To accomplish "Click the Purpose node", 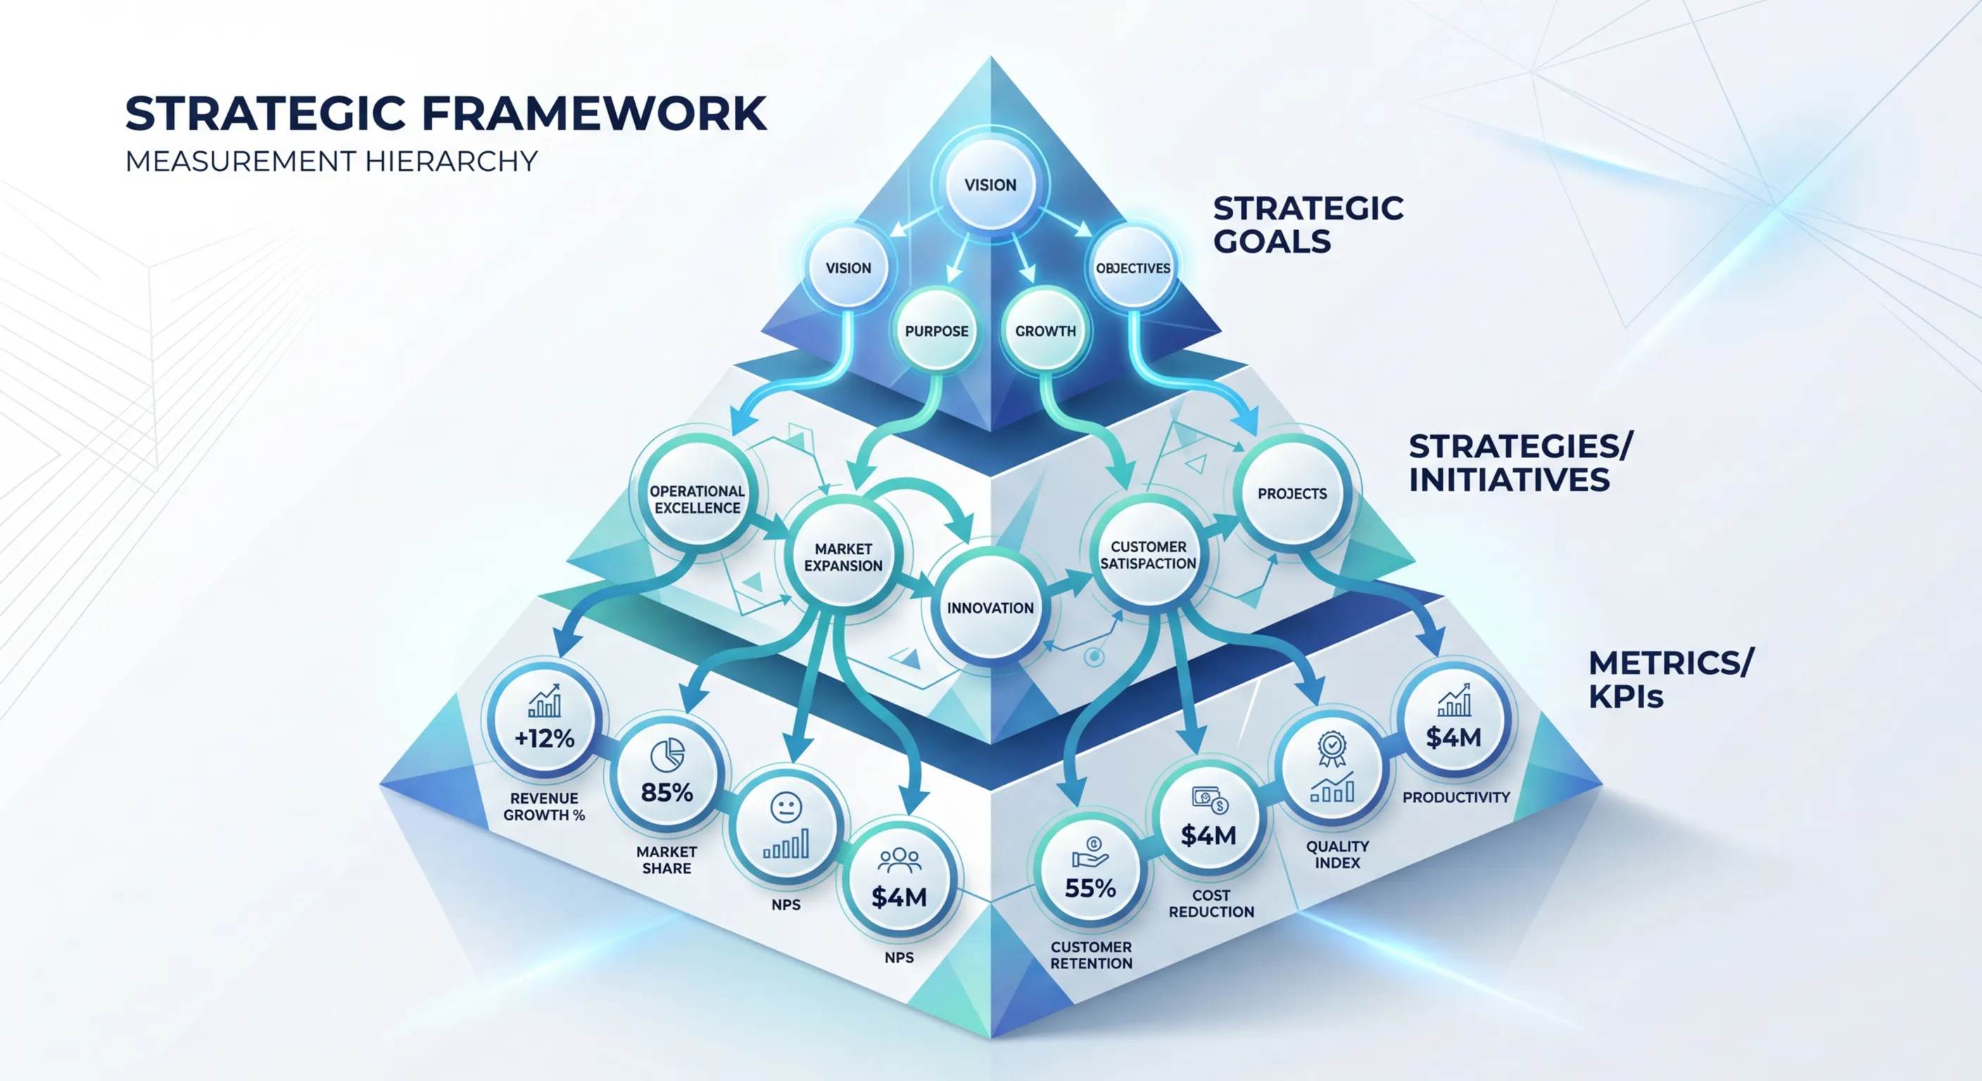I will (x=936, y=331).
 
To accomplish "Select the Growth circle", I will (x=1045, y=331).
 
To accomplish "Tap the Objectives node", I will (x=1132, y=267).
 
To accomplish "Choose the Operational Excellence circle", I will (x=697, y=500).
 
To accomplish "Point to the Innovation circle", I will (x=990, y=608).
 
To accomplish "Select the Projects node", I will (x=1292, y=494).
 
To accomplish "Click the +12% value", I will (x=545, y=739).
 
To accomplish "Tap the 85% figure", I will (x=667, y=792).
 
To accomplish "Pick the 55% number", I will (x=1090, y=889).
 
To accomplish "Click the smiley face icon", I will (x=785, y=807).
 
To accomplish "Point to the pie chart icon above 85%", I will (x=667, y=756).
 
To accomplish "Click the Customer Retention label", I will (x=1091, y=955).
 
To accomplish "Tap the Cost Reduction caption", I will (x=1211, y=903).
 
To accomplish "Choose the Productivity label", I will (x=1456, y=798).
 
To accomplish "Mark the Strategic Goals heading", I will (x=1308, y=225).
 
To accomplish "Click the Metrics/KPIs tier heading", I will (x=1670, y=678).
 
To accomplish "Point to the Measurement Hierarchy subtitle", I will (x=331, y=162).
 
